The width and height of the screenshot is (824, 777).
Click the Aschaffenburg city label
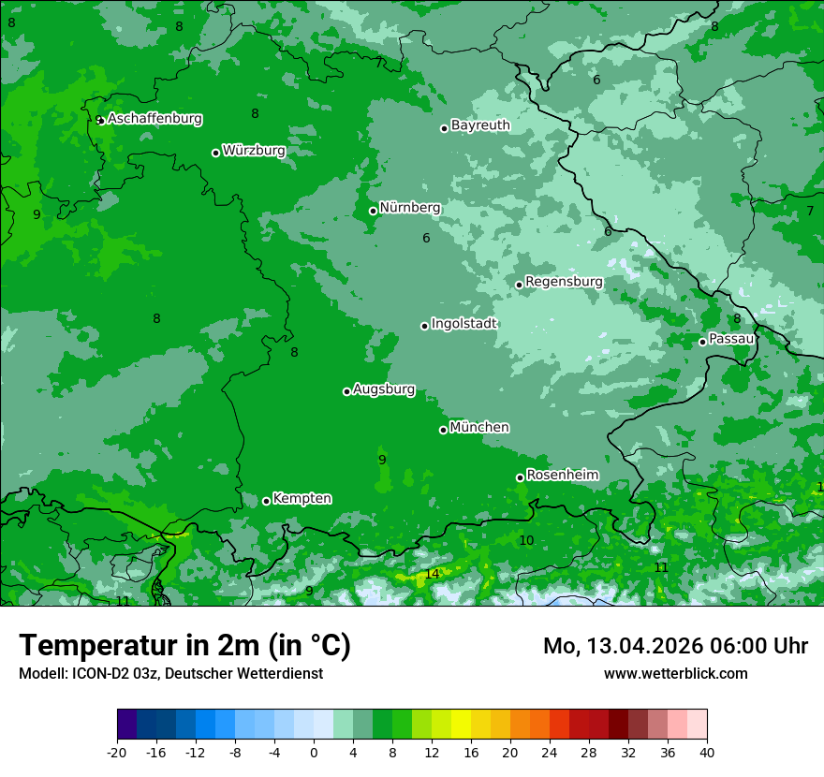click(x=154, y=119)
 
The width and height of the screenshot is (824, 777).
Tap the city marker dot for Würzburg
click(x=215, y=153)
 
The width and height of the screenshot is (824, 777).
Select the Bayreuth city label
click(x=480, y=125)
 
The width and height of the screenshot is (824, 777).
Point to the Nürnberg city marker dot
click(x=373, y=211)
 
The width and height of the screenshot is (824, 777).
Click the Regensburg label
click(x=564, y=282)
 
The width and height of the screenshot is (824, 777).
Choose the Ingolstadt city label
click(x=463, y=324)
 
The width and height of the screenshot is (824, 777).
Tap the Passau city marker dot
click(x=702, y=342)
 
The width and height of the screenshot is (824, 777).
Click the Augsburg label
click(x=383, y=389)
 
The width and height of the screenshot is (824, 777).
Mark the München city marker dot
click(x=443, y=430)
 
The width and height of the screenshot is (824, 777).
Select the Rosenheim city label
click(x=562, y=476)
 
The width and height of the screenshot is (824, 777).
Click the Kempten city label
click(x=302, y=499)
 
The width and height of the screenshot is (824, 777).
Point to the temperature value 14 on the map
click(x=432, y=574)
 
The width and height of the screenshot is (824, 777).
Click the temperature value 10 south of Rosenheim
click(x=526, y=540)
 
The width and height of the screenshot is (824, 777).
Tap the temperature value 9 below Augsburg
click(x=382, y=460)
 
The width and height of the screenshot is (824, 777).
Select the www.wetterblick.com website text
click(x=675, y=674)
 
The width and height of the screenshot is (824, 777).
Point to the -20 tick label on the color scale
click(x=117, y=753)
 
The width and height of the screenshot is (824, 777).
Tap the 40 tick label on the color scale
click(x=706, y=753)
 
